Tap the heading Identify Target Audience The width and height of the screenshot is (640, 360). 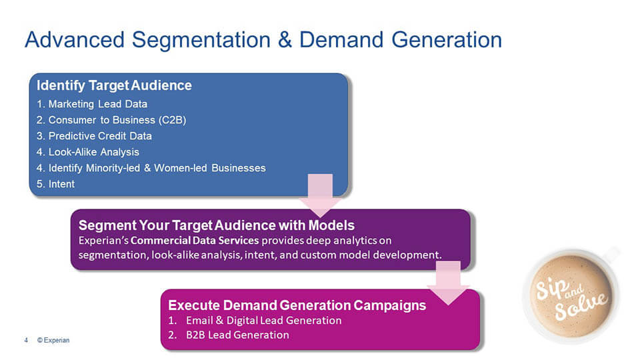114,85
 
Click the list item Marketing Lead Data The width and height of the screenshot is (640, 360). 97,104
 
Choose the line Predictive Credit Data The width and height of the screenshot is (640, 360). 100,136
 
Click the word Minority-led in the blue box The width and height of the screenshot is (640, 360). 121,168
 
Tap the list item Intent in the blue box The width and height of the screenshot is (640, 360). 61,184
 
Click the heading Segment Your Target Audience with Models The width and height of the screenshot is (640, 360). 216,225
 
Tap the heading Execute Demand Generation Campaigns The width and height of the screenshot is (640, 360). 297,305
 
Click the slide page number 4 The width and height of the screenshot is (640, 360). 26,340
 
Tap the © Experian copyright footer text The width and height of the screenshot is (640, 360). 53,340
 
